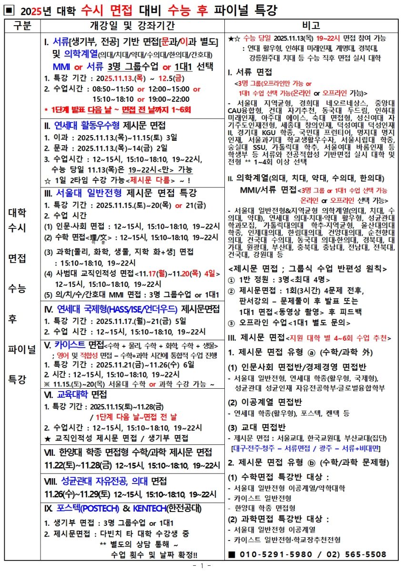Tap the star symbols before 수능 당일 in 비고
234,38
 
